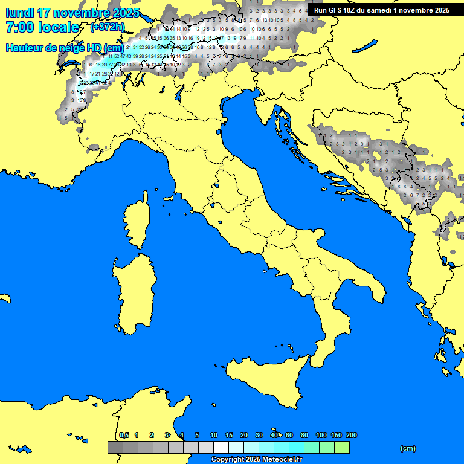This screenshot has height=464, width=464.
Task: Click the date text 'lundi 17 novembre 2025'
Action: click(x=72, y=13)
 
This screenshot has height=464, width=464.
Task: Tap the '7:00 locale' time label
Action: click(x=42, y=27)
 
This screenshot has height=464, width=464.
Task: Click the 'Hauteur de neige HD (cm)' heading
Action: click(x=65, y=48)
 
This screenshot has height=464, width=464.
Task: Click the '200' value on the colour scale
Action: click(x=351, y=435)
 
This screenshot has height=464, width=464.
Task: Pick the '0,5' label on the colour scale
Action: click(x=124, y=435)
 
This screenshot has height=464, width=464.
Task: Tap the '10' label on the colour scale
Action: click(x=213, y=435)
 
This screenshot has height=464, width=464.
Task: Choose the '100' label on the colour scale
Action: click(x=321, y=435)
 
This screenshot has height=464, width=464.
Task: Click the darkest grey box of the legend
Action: click(x=115, y=447)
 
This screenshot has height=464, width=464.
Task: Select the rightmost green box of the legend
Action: click(x=342, y=447)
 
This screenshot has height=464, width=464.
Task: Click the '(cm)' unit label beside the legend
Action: click(x=408, y=448)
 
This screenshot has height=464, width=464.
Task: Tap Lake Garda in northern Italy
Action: click(x=179, y=92)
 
